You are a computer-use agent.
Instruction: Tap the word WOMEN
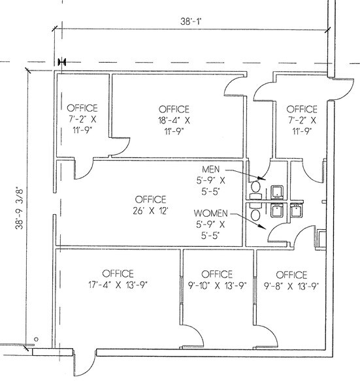click(x=211, y=213)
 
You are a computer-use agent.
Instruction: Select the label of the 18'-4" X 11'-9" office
click(x=173, y=120)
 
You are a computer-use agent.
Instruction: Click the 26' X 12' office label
click(x=150, y=204)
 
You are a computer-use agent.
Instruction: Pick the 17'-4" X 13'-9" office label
click(x=118, y=279)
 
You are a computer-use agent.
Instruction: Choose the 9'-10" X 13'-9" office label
click(x=217, y=279)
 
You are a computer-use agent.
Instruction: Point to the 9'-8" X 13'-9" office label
click(x=291, y=279)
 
